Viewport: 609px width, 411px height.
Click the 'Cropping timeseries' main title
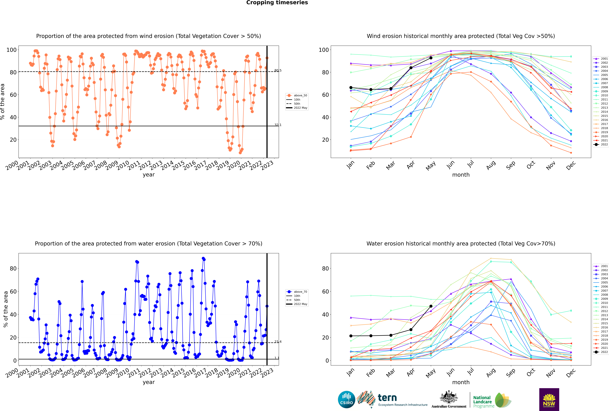coord(277,3)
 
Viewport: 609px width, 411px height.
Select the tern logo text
coord(387,398)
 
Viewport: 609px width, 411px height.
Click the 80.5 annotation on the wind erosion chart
coord(278,71)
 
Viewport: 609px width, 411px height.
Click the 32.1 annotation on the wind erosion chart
coord(278,125)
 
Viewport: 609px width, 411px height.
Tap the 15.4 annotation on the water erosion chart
coord(278,342)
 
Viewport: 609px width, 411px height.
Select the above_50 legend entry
coord(297,95)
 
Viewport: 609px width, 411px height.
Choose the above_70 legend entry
coord(297,292)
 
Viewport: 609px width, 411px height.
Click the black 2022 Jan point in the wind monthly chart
coord(351,88)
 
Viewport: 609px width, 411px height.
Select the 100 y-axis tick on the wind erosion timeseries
coord(12,50)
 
